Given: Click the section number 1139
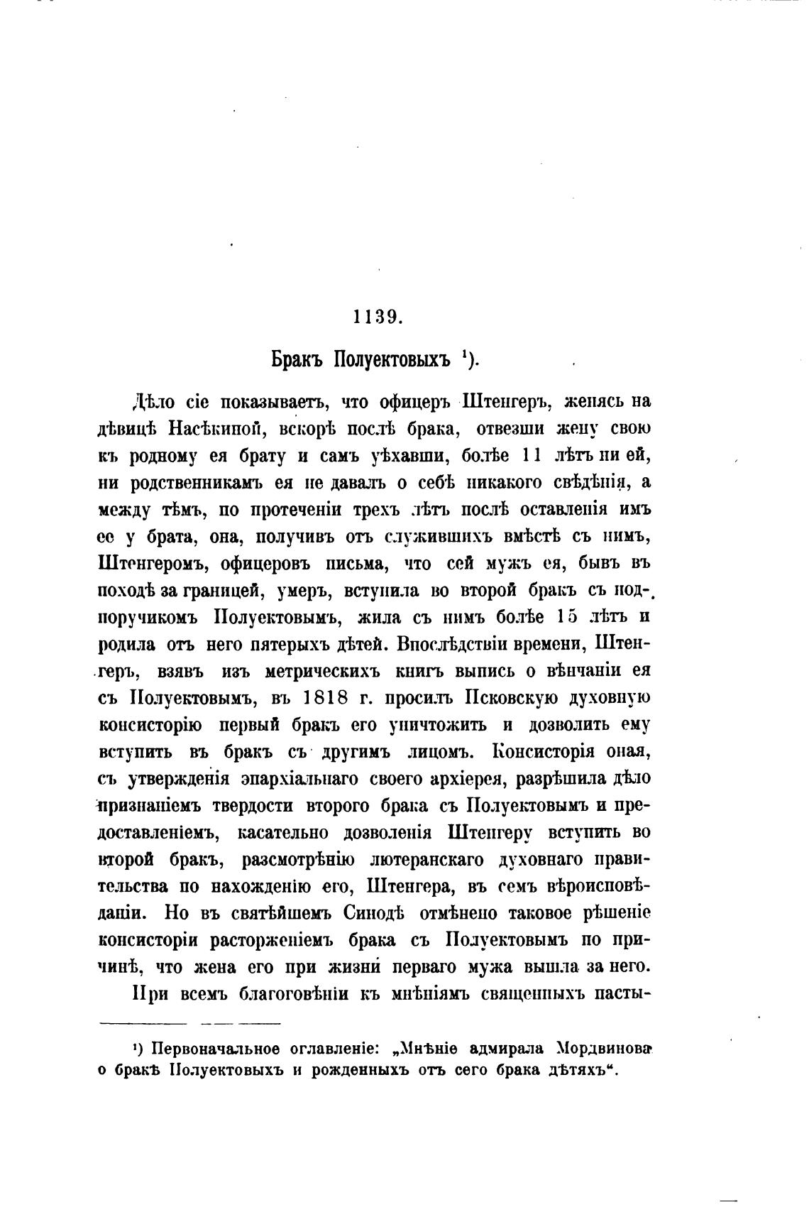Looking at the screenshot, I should tap(378, 317).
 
